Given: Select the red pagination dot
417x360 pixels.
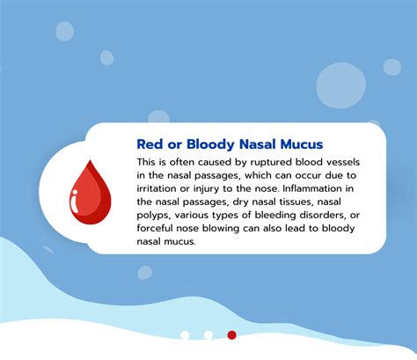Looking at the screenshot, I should pyautogui.click(x=232, y=334).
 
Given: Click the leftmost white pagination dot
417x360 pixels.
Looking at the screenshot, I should pyautogui.click(x=185, y=334).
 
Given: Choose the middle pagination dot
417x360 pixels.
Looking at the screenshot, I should pyautogui.click(x=208, y=334).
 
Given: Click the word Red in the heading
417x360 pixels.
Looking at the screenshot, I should pyautogui.click(x=150, y=143).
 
